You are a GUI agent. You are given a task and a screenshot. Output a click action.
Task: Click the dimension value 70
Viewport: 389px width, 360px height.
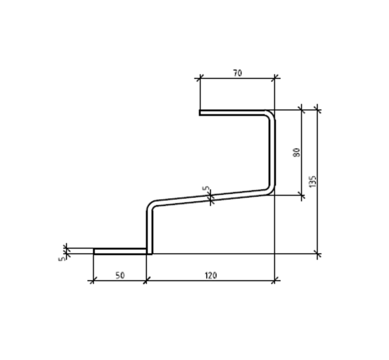(x=237, y=73)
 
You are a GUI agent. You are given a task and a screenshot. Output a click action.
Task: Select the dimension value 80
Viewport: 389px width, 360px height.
(x=296, y=152)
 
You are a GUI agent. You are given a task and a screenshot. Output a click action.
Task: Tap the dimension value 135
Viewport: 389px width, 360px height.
(x=313, y=181)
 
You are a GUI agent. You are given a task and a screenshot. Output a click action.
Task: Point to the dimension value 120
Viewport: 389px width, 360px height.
(x=211, y=275)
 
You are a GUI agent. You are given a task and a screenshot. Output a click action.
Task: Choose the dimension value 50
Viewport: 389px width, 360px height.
(x=120, y=275)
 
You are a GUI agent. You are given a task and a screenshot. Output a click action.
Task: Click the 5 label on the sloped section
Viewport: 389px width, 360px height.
(x=206, y=189)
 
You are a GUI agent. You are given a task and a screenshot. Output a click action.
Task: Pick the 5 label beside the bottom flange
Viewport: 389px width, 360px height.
(x=62, y=259)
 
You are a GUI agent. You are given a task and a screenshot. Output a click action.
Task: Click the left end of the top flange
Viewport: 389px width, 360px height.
(x=200, y=113)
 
